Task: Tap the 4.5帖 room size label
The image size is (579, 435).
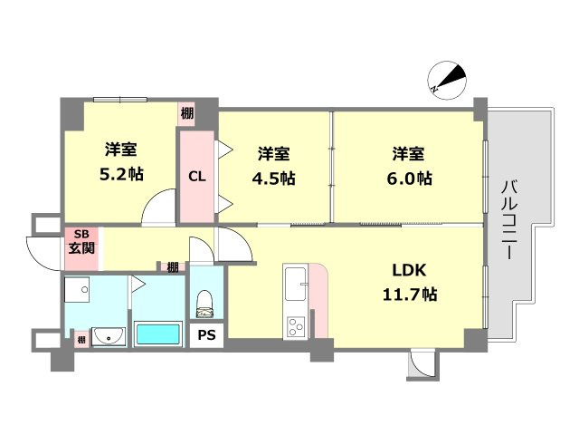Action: point(274,178)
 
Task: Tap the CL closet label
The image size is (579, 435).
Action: point(196,177)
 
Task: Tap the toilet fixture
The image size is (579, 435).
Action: point(205,301)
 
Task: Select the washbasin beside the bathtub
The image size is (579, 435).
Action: point(108,336)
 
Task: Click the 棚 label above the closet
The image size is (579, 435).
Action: point(186,113)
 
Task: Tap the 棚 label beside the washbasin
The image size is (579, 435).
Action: point(81,339)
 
